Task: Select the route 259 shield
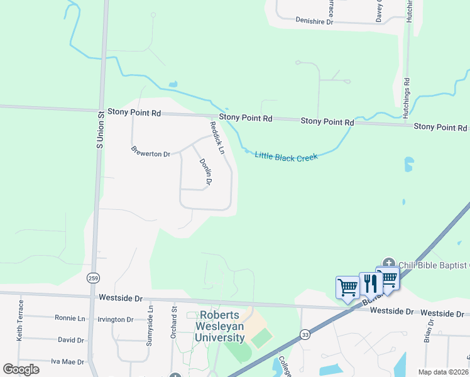click(94, 277)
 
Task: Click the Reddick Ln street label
click(217, 138)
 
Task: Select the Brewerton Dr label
click(151, 152)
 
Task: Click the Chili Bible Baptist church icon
click(388, 264)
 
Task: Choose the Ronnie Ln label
click(70, 318)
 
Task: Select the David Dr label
click(70, 340)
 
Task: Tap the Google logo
click(21, 369)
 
